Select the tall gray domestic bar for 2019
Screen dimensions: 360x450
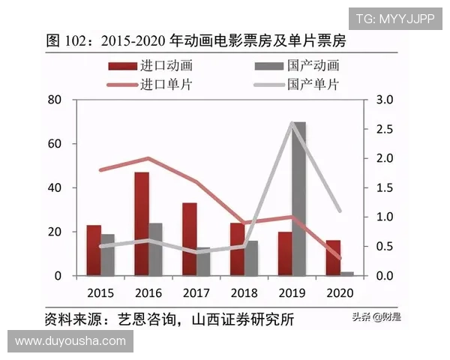298,199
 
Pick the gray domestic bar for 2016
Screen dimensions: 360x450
155,249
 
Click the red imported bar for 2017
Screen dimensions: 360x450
190,238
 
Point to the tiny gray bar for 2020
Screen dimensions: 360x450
346,274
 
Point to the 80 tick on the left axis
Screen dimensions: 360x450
54,100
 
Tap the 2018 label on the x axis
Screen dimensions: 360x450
244,292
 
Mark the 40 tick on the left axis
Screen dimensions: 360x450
54,187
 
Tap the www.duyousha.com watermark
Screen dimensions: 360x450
70,341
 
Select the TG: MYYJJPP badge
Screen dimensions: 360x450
394,19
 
